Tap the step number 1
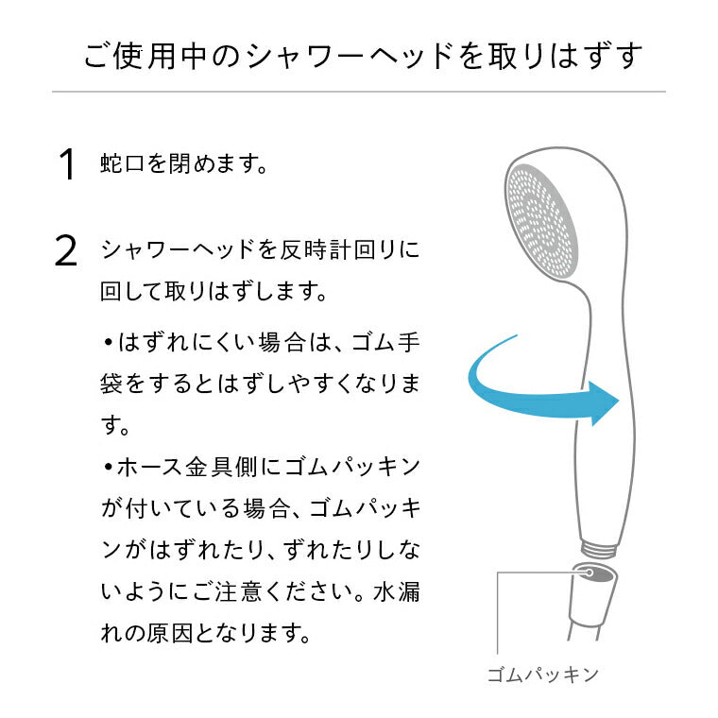[x=66, y=164]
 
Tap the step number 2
[x=66, y=251]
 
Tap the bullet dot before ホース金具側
[x=109, y=467]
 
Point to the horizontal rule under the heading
[x=359, y=92]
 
